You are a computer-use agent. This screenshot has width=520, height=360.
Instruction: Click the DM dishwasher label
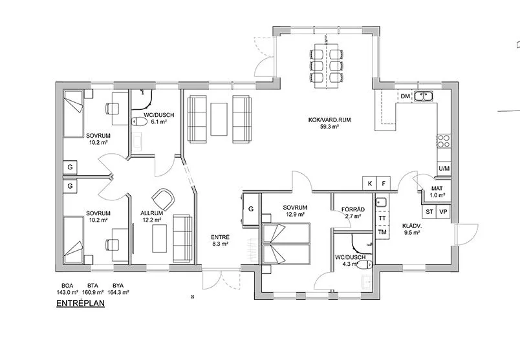(x=406, y=96)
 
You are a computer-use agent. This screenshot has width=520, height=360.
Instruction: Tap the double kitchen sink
(x=423, y=96)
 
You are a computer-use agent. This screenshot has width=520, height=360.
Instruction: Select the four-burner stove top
(x=444, y=141)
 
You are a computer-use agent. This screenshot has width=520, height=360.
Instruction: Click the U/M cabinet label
(x=444, y=169)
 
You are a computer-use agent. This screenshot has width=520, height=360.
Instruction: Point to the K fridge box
(x=370, y=184)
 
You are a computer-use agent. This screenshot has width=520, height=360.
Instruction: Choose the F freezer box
(x=384, y=184)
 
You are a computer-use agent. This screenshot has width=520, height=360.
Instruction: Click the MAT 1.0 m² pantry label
(x=437, y=192)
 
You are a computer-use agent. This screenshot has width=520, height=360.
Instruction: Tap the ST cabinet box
(x=429, y=211)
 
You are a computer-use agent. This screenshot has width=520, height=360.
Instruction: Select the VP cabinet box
(x=443, y=211)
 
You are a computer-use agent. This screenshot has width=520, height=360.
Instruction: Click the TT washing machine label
(x=382, y=218)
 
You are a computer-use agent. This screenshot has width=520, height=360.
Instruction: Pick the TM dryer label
(x=382, y=232)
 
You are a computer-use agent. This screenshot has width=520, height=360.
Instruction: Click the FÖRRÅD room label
(x=353, y=209)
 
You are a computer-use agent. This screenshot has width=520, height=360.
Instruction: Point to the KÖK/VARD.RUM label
(x=329, y=120)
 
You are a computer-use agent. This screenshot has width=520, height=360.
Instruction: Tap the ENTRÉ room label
(x=220, y=237)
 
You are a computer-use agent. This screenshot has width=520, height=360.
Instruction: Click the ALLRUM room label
(x=151, y=213)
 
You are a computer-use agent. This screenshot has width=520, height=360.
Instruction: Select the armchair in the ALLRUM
(x=163, y=199)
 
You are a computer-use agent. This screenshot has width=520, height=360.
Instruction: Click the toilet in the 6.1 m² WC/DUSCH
(x=140, y=122)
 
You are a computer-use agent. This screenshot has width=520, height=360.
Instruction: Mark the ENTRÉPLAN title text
(x=81, y=303)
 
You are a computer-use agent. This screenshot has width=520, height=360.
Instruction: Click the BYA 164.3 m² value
(x=118, y=292)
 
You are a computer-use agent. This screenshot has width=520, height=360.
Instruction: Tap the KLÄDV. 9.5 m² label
(x=412, y=229)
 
